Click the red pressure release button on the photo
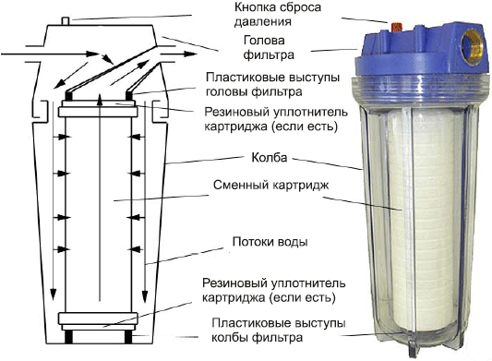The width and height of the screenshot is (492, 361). (396, 28)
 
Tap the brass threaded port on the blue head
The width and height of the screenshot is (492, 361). (472, 47)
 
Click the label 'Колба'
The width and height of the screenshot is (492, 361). (270, 157)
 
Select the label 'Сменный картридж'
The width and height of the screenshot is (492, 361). (270, 185)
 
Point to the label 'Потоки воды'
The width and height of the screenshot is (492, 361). (270, 242)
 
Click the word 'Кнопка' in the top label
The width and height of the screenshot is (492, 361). (255, 7)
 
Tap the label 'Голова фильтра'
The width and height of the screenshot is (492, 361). (269, 48)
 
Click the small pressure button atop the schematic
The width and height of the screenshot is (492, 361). (66, 20)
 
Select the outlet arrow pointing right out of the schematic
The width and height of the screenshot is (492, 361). (178, 54)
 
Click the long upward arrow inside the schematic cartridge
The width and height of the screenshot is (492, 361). (100, 198)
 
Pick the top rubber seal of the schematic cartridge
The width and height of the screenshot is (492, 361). (98, 112)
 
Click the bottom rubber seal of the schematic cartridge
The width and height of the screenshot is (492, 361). (98, 319)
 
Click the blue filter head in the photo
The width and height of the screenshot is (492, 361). (422, 50)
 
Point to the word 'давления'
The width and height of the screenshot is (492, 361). (263, 21)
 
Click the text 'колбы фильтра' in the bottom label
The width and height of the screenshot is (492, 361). (257, 338)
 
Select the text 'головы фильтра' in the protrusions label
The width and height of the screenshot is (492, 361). (254, 91)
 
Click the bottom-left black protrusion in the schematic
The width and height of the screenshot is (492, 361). (68, 336)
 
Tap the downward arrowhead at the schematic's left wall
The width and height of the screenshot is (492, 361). (54, 295)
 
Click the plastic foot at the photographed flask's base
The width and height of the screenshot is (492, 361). (412, 348)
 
